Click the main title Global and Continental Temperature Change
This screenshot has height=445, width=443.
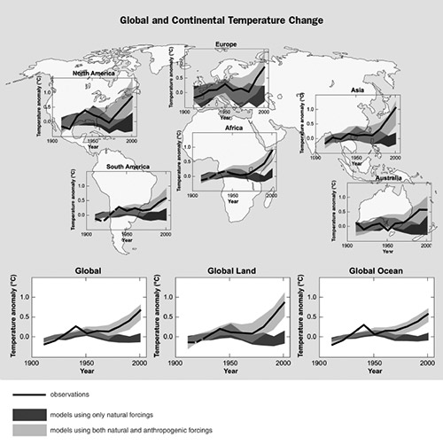pyautogui.click(x=221, y=17)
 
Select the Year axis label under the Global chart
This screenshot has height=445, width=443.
pyautogui.click(x=86, y=373)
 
